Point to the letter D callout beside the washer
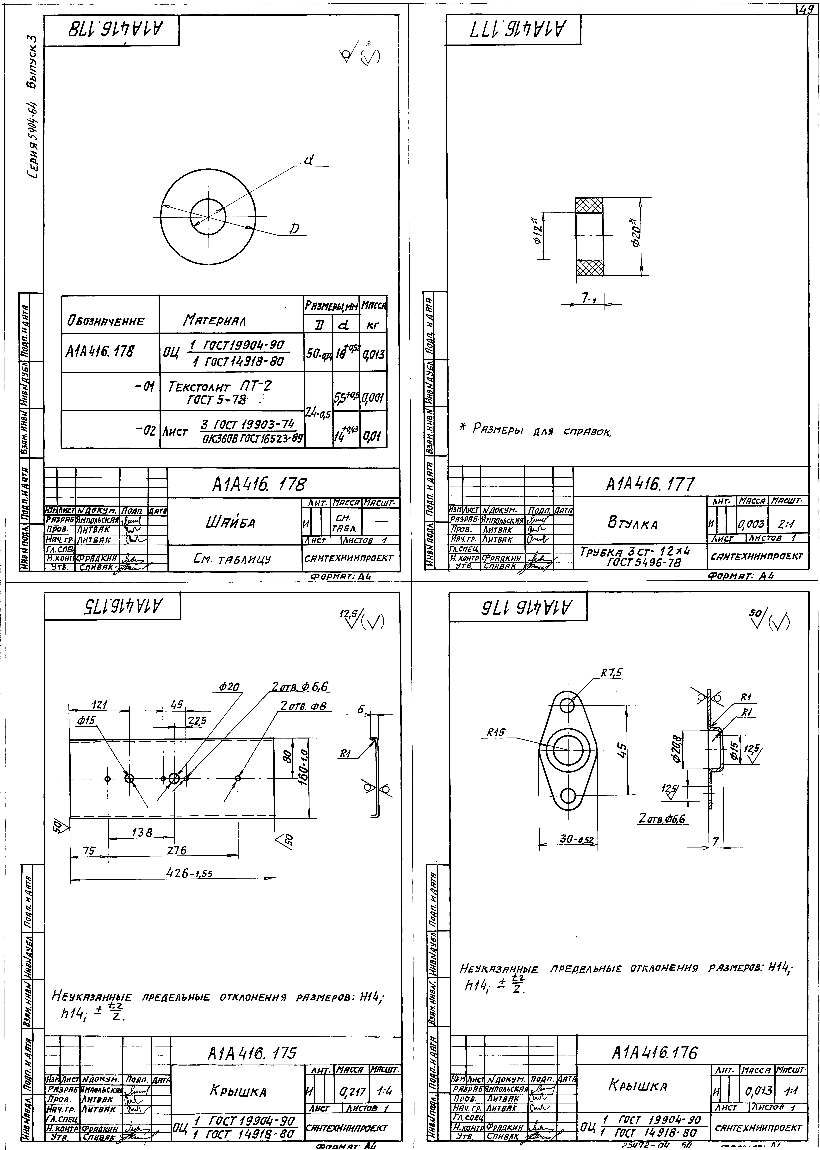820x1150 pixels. coord(294,229)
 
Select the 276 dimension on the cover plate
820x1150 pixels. coord(177,850)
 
